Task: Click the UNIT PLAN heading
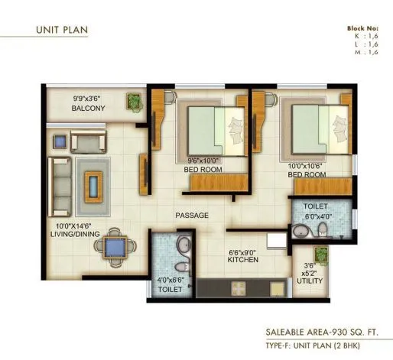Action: pyautogui.click(x=62, y=31)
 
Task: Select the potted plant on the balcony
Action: pyautogui.click(x=134, y=101)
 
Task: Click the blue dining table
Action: pyautogui.click(x=115, y=245)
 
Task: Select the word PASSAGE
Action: pyautogui.click(x=191, y=216)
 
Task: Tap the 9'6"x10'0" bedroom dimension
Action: pyautogui.click(x=203, y=161)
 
